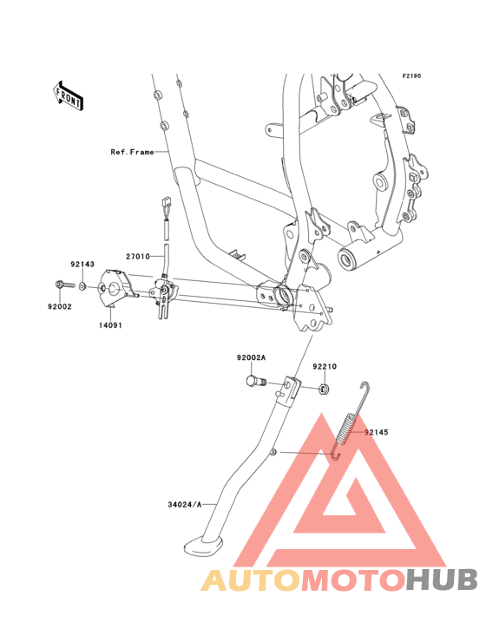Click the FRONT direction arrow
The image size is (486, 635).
point(68,95)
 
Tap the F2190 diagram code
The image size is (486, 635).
point(411,75)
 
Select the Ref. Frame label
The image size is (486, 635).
point(133,152)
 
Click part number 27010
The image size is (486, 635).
point(138,257)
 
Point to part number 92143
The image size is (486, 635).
point(82,264)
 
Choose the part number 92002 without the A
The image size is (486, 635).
point(60,306)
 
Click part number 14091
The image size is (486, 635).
point(110,325)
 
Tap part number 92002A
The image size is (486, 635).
point(251,357)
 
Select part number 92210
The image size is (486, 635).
point(325,366)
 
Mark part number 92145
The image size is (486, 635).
point(377,432)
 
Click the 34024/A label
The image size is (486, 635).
point(185,505)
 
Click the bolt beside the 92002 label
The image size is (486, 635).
point(64,285)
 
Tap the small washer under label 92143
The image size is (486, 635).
point(82,287)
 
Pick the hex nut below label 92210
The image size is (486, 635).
point(324,389)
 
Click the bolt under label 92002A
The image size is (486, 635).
point(255,381)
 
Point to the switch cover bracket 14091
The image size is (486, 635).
point(115,287)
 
